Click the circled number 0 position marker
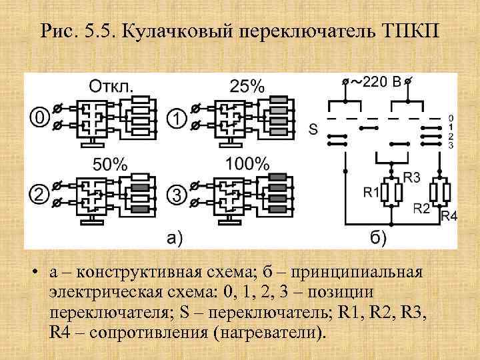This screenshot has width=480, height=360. coord(39,118)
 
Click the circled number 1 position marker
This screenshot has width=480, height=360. coord(175,118)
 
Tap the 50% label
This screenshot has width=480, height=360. coord(110,164)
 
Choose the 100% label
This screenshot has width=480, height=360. coord(247,164)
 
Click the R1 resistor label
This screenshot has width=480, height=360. coord(370,193)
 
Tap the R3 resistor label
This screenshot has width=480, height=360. coord(411,177)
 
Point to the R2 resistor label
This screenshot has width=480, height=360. coord(421,208)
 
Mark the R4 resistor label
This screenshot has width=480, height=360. coord(449,216)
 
